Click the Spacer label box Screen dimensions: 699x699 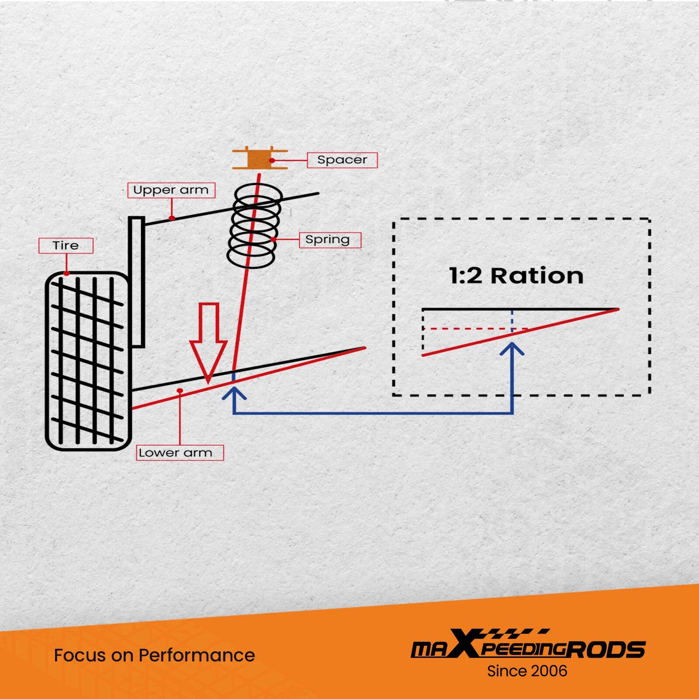pyautogui.click(x=342, y=160)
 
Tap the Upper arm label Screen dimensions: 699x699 pyautogui.click(x=171, y=190)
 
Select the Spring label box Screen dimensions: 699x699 pyautogui.click(x=330, y=240)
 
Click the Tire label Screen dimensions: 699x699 pyautogui.click(x=66, y=246)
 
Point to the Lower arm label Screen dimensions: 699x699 pyautogui.click(x=180, y=453)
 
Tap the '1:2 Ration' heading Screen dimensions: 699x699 pyautogui.click(x=516, y=276)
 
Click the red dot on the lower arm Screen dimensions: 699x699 pyautogui.click(x=180, y=390)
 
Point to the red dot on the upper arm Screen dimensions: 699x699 pyautogui.click(x=172, y=218)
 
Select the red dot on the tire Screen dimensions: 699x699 pyautogui.click(x=66, y=273)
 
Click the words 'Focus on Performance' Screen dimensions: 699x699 pyautogui.click(x=155, y=655)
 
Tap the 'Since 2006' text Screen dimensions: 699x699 pyautogui.click(x=527, y=671)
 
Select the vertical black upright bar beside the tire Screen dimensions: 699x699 pyautogui.click(x=137, y=282)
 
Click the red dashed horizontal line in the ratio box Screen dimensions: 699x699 pyautogui.click(x=475, y=329)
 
